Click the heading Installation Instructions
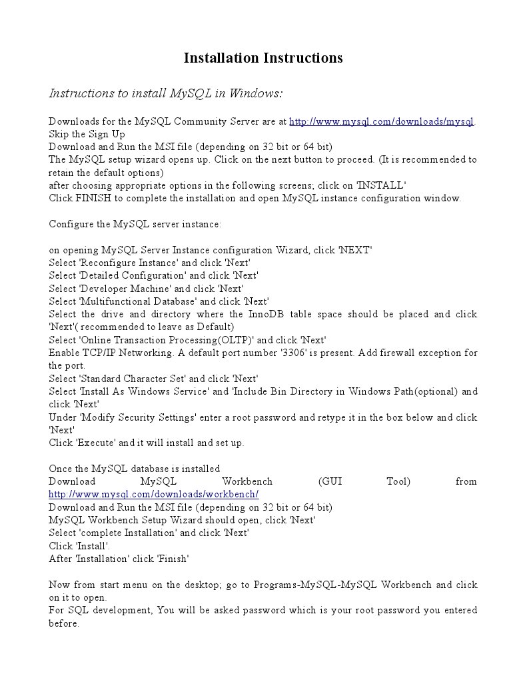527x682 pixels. pyautogui.click(x=263, y=58)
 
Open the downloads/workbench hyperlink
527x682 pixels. pyautogui.click(x=153, y=494)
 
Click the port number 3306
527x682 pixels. pyautogui.click(x=296, y=353)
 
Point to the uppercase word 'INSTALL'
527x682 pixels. pyautogui.click(x=381, y=185)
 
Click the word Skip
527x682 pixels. pyautogui.click(x=59, y=134)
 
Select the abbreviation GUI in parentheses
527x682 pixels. pyautogui.click(x=330, y=481)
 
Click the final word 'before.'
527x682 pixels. pyautogui.click(x=65, y=623)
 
